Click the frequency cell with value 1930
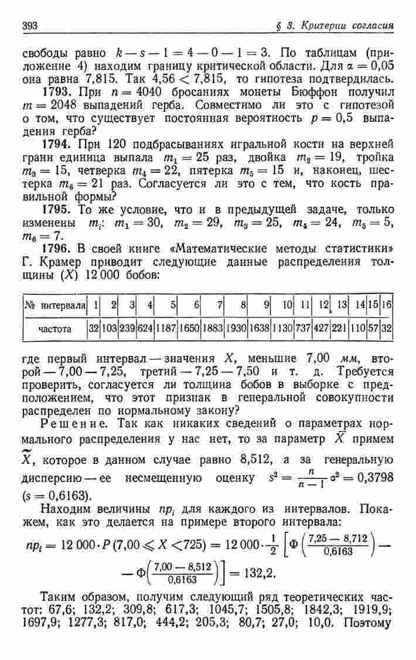pyautogui.click(x=237, y=329)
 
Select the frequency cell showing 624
pyautogui.click(x=145, y=329)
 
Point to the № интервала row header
pyautogui.click(x=54, y=305)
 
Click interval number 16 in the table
pyautogui.click(x=386, y=305)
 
